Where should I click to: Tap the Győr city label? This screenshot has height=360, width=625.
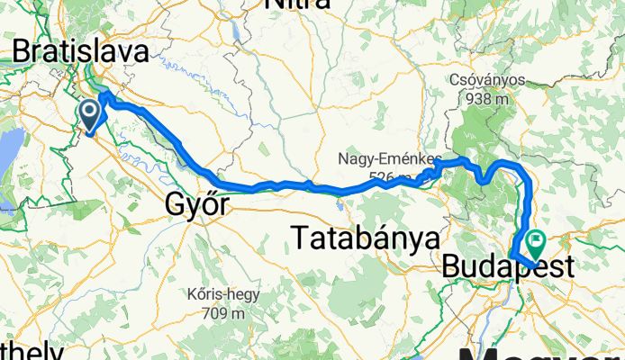click(195, 205)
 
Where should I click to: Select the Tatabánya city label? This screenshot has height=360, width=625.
click(366, 238)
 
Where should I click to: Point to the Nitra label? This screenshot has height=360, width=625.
click(296, 4)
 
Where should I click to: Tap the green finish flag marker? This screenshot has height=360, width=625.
click(538, 240)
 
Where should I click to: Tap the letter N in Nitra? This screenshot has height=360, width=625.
click(272, 4)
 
